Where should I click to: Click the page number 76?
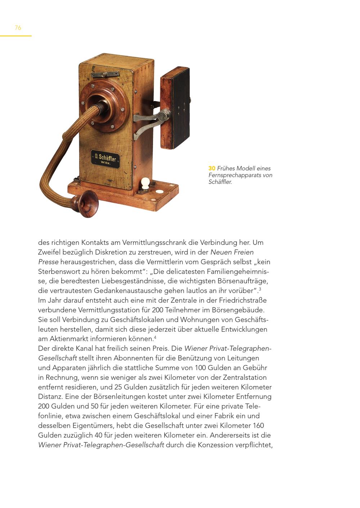point(18,28)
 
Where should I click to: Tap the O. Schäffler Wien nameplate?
point(105,158)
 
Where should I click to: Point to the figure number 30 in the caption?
point(212,168)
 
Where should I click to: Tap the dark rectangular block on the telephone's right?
point(175,108)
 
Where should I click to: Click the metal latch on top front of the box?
point(105,74)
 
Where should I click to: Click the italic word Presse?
point(48,262)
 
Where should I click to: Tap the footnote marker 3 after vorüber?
point(260,289)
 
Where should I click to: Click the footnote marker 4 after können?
point(155,337)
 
